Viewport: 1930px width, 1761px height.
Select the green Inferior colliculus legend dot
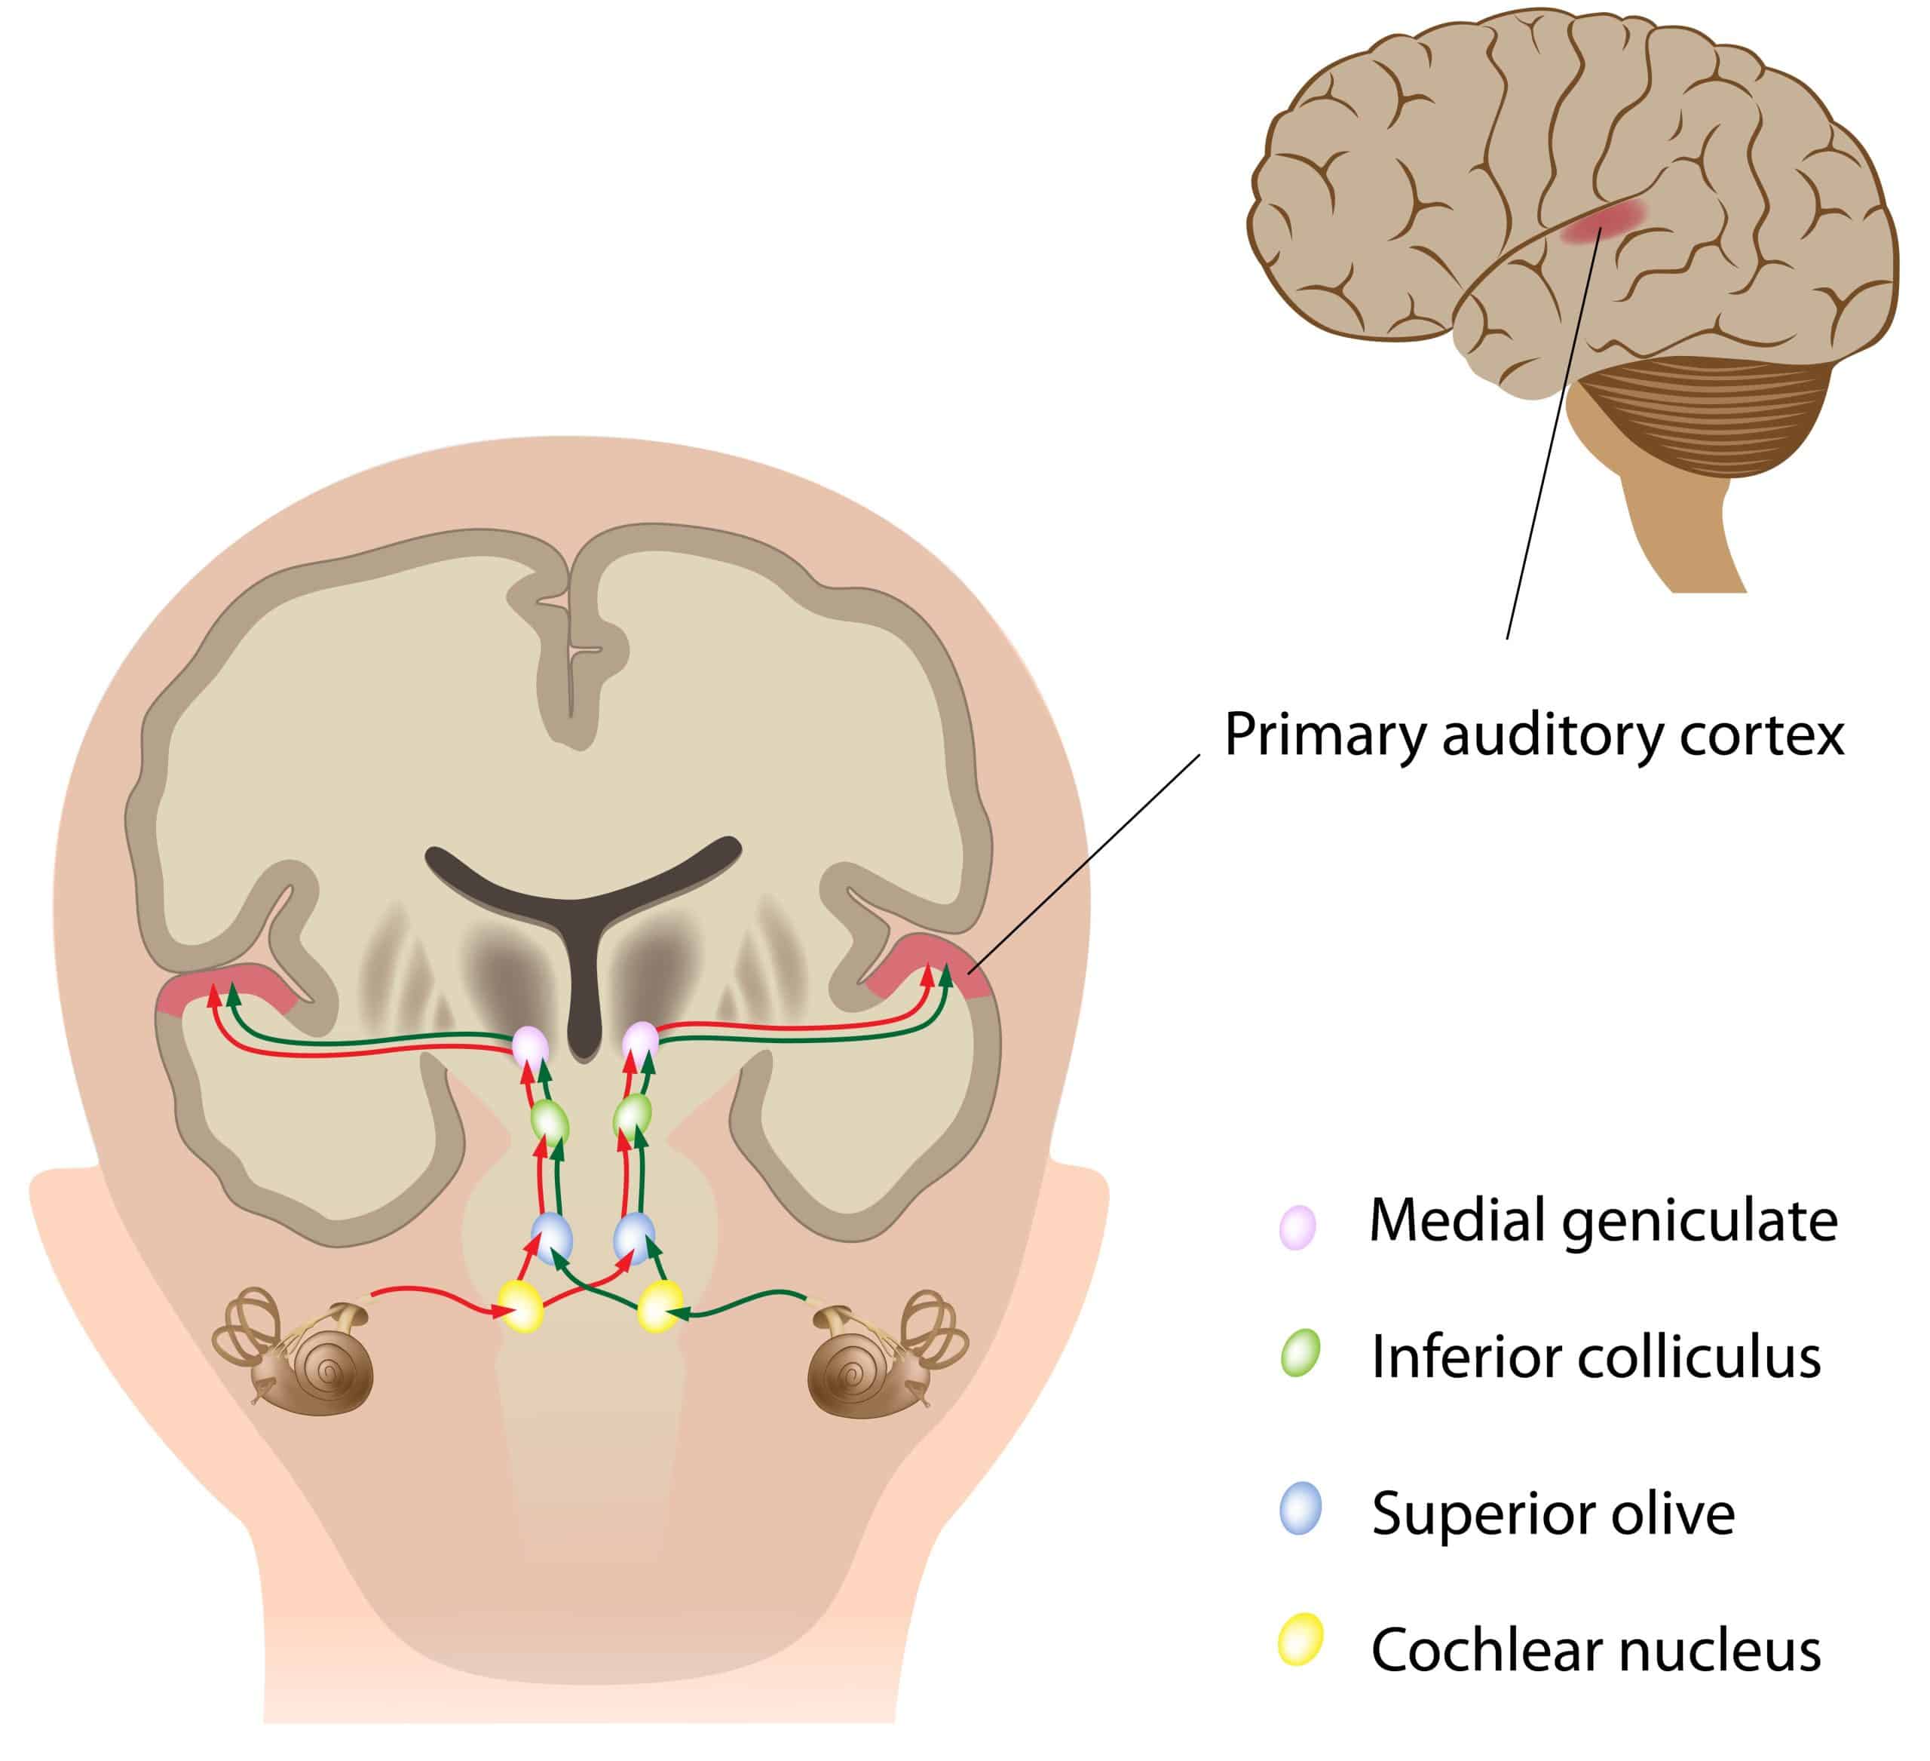[1300, 1354]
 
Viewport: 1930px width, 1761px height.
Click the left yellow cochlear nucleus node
[522, 1305]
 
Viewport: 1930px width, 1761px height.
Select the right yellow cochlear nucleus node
[660, 1305]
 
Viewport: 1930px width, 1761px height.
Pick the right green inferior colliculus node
[633, 1115]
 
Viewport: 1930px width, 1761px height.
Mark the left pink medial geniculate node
[529, 1046]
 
